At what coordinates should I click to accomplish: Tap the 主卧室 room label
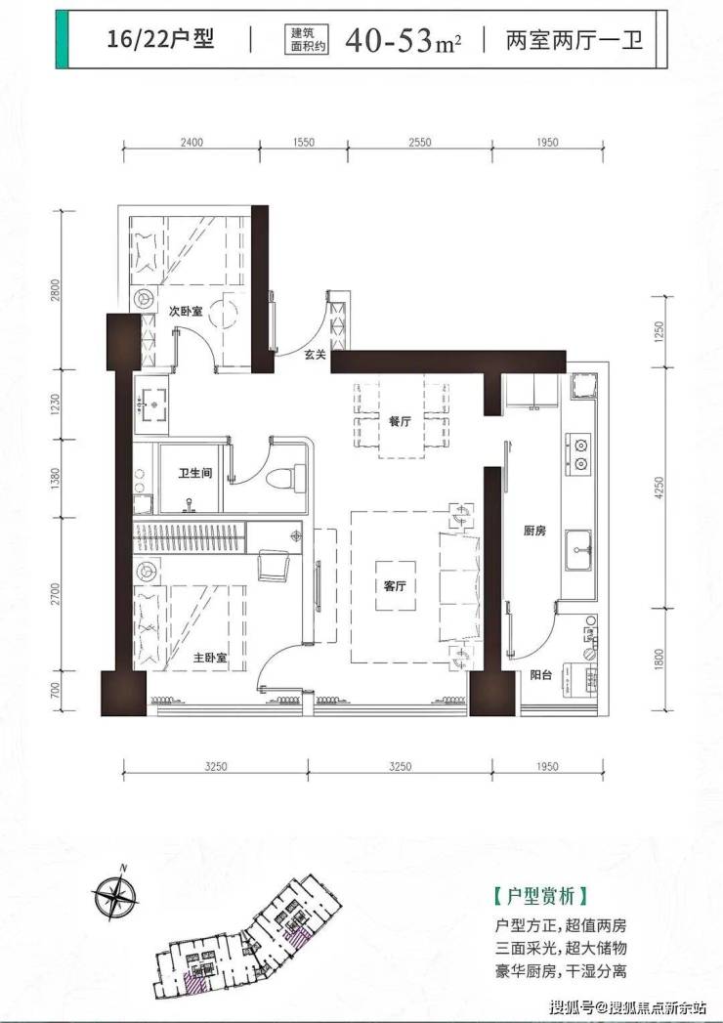(209, 658)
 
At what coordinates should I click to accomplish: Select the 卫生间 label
(195, 472)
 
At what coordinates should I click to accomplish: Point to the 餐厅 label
(400, 421)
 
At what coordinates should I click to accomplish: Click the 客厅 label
(395, 586)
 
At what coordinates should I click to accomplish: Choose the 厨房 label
(534, 532)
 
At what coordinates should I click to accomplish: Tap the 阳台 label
(541, 675)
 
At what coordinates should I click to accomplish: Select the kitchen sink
(578, 550)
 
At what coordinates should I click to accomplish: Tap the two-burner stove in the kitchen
(578, 454)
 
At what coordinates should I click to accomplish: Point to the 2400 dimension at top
(191, 143)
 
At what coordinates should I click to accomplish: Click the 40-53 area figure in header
(390, 40)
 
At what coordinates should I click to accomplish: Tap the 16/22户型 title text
(160, 38)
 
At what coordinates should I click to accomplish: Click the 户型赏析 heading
(541, 896)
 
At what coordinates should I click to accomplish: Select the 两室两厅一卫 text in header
(574, 39)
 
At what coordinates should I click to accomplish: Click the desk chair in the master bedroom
(275, 565)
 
